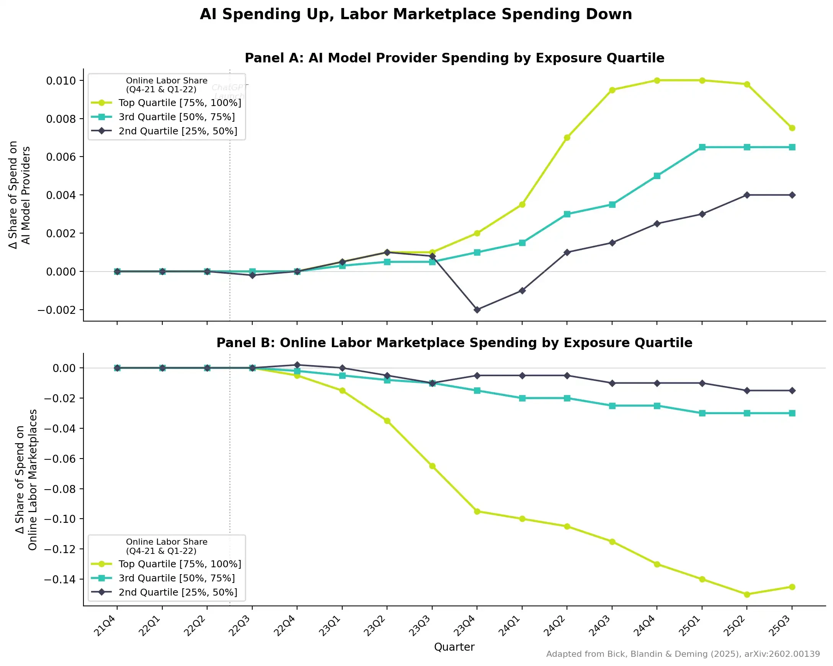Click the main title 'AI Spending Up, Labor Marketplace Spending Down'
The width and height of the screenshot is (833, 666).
(x=416, y=14)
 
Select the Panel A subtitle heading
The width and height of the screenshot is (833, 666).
(x=454, y=58)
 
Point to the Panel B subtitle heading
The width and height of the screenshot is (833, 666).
(x=454, y=343)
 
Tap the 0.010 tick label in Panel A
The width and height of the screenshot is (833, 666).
(x=60, y=81)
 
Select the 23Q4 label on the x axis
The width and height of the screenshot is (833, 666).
(x=465, y=625)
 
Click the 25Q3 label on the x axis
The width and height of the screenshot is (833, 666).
(x=781, y=625)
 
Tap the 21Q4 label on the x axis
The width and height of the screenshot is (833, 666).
(x=106, y=625)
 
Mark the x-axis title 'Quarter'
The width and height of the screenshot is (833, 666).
(x=454, y=647)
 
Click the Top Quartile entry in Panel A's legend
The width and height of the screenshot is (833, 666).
(x=180, y=103)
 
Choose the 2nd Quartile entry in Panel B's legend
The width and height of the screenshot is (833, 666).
(x=178, y=592)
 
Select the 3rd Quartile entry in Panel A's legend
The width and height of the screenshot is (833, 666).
(x=176, y=117)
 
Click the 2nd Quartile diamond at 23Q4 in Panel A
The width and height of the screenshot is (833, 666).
(x=477, y=310)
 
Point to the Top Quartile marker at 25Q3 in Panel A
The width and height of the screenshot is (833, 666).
(x=792, y=128)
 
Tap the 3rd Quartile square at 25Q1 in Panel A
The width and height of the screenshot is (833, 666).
(x=702, y=147)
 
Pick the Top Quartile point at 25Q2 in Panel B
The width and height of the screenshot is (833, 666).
(x=747, y=594)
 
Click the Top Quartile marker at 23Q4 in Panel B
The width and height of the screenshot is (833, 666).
(x=477, y=511)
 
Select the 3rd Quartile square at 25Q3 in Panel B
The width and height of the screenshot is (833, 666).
(x=792, y=413)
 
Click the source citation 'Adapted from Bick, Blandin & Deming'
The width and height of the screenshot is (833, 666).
(x=683, y=654)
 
